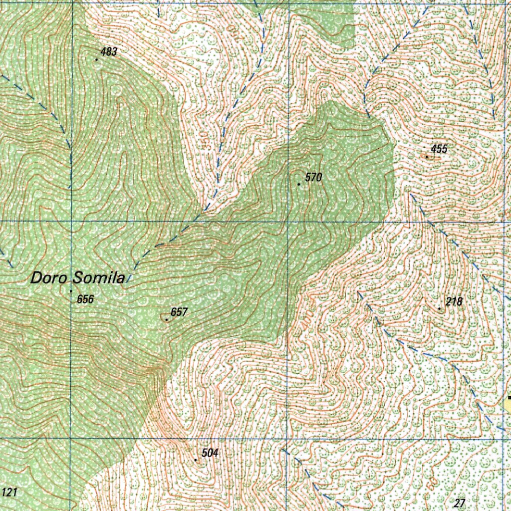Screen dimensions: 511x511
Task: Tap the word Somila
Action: (x=98, y=278)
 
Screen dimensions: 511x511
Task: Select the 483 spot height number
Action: (x=109, y=52)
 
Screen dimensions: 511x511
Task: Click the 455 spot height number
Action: (x=440, y=149)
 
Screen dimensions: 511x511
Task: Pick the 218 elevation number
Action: (x=454, y=301)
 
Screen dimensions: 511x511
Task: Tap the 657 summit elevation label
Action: (x=179, y=312)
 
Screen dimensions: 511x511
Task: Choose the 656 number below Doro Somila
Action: (x=85, y=299)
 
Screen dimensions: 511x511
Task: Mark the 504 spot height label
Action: (x=210, y=453)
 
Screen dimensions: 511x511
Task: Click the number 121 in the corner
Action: (x=9, y=493)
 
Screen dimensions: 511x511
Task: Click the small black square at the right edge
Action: (x=509, y=398)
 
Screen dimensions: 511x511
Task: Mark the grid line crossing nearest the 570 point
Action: (x=288, y=221)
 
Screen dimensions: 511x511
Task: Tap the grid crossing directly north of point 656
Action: (x=71, y=221)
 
